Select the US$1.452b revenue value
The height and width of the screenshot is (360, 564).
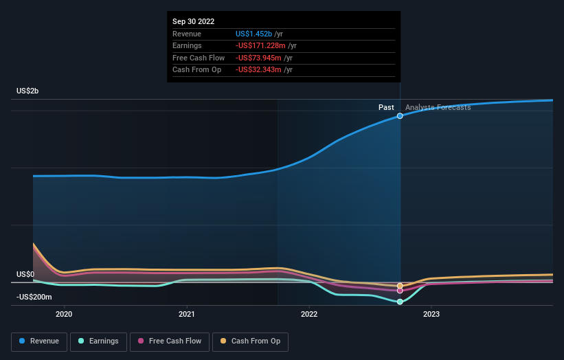[x=254, y=34]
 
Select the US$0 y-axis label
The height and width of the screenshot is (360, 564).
[x=25, y=274]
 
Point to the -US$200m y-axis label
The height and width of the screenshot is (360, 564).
[x=34, y=297]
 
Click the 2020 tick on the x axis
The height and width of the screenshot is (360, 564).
[x=64, y=315]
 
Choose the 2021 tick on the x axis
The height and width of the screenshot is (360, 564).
[x=186, y=315]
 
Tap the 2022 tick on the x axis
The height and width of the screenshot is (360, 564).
[x=309, y=315]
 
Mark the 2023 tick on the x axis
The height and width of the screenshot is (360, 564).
[x=431, y=315]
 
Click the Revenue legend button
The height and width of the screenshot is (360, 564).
[x=39, y=341]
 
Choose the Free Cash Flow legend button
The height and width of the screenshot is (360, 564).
[x=168, y=341]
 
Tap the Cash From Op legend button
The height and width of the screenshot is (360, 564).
[x=250, y=341]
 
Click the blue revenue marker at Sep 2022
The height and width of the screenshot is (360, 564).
[x=400, y=116]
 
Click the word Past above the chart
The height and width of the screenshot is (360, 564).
[x=386, y=107]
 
